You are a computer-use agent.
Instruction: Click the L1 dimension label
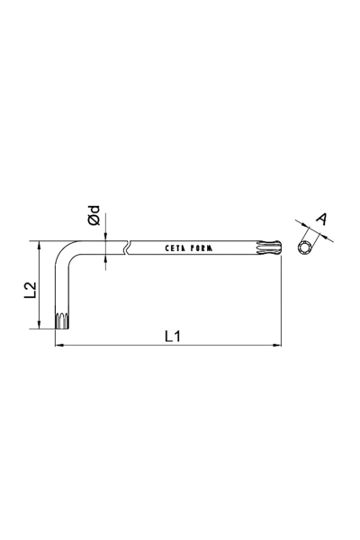(x=174, y=336)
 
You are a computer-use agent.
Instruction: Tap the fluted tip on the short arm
(x=62, y=319)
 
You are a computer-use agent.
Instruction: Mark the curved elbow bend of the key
(x=68, y=252)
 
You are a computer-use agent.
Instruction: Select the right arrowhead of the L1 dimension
(x=277, y=346)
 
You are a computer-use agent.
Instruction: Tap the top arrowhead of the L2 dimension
(x=39, y=245)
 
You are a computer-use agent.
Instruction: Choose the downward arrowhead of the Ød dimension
(x=106, y=236)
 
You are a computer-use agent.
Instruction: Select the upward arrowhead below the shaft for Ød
(x=106, y=260)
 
